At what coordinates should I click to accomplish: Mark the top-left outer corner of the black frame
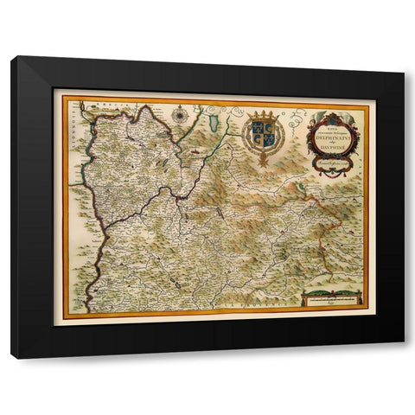point(12,57)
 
